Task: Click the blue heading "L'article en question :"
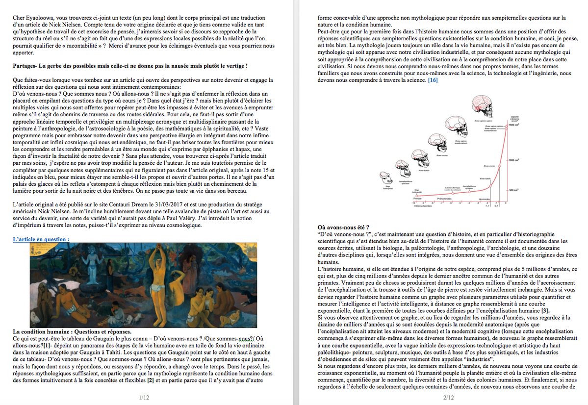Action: (41, 239)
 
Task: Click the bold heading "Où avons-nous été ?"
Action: (347, 227)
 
